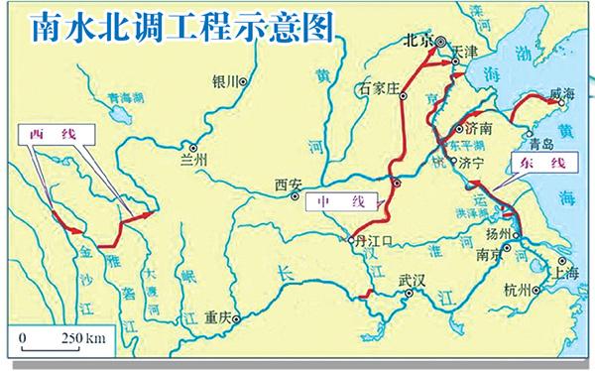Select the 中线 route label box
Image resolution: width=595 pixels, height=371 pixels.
(x=338, y=203)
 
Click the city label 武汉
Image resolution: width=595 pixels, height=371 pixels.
(x=411, y=280)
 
